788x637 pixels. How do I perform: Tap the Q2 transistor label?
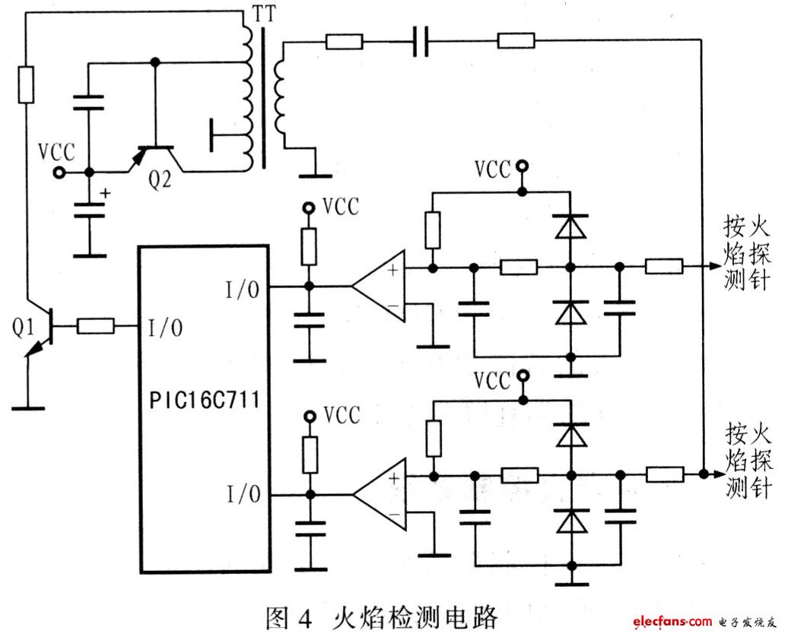click(160, 181)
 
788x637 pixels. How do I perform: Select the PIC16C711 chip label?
click(203, 401)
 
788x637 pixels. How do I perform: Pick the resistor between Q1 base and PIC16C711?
click(95, 327)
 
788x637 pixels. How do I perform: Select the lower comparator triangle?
click(379, 494)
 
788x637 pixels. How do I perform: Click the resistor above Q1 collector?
click(26, 84)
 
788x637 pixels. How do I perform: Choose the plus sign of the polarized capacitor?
click(104, 192)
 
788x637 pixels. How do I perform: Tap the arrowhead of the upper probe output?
click(712, 267)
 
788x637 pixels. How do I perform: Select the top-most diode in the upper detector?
click(570, 226)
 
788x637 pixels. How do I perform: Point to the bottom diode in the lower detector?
click(570, 521)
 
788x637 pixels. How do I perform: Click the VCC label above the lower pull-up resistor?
click(341, 416)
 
